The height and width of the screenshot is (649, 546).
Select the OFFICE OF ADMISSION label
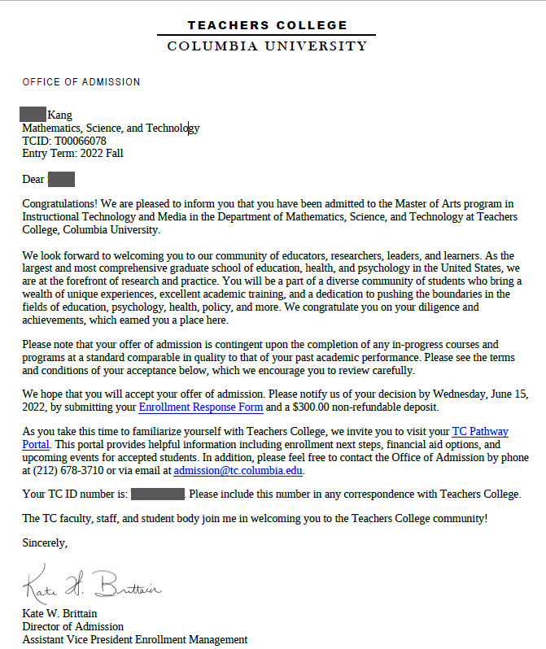[x=81, y=82]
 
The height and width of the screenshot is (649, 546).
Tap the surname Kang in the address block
[x=60, y=115]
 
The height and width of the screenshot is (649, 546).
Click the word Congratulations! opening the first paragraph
[x=57, y=203]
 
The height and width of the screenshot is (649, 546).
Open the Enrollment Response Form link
[x=200, y=407]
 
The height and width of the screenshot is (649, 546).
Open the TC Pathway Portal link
[x=479, y=432]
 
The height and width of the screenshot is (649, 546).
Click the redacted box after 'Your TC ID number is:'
[x=157, y=494]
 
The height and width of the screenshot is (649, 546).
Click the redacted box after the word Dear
[x=62, y=179]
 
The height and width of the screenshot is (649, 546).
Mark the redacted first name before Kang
[x=33, y=115]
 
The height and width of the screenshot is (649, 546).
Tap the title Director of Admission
[x=72, y=626]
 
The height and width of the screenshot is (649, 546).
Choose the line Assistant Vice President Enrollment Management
[x=134, y=639]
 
